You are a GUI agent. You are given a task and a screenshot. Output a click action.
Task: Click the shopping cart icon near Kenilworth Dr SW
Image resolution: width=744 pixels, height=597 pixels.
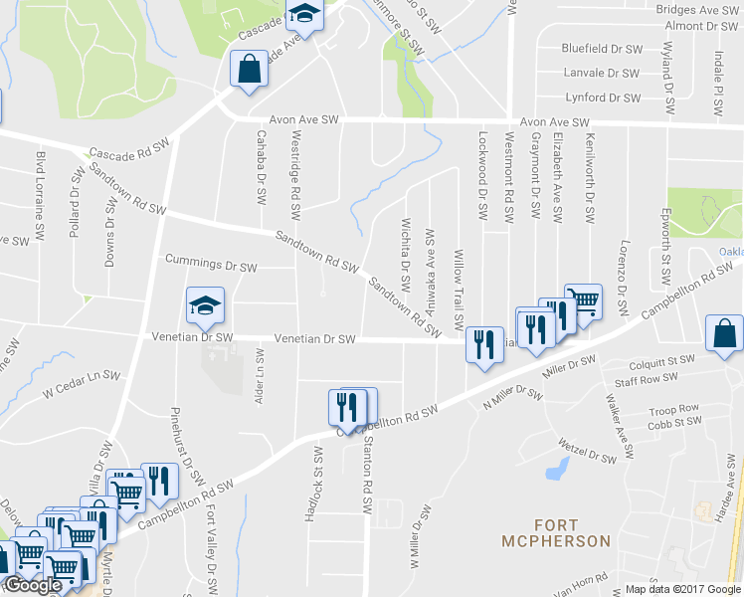coord(583,300)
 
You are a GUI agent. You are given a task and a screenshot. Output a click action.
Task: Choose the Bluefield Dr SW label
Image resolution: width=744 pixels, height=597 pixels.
coord(602,48)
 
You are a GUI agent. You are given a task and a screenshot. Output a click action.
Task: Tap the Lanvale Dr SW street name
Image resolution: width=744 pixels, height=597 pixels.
coord(602,73)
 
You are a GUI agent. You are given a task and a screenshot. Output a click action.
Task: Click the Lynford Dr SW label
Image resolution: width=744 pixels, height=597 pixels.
coord(603,98)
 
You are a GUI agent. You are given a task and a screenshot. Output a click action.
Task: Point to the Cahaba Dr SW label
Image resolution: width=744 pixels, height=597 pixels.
coord(262,166)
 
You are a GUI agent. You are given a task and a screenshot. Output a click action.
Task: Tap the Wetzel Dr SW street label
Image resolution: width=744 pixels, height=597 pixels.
coord(589,451)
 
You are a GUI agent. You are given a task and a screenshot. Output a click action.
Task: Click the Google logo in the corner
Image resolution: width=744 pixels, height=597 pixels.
coord(32,585)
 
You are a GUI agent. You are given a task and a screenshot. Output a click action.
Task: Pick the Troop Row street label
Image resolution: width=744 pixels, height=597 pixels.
coord(673,409)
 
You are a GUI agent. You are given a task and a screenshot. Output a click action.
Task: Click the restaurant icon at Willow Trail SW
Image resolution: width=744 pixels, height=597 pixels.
coord(482,346)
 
